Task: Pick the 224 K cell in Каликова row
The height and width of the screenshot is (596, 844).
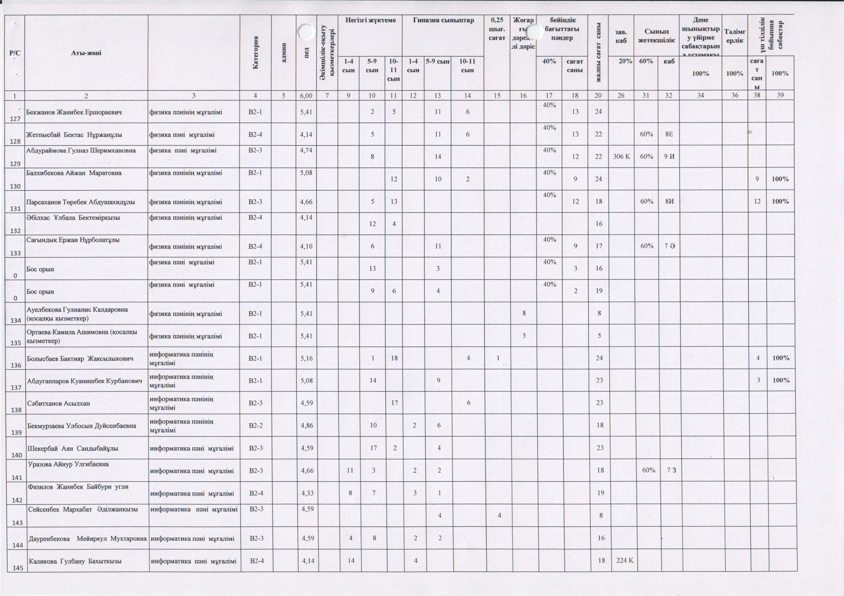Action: (625, 561)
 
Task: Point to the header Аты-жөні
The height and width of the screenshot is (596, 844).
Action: (86, 53)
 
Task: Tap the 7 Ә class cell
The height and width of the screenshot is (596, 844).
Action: (669, 246)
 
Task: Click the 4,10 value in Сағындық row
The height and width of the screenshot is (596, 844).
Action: (306, 246)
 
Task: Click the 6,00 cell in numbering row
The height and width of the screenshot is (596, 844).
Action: (306, 95)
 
